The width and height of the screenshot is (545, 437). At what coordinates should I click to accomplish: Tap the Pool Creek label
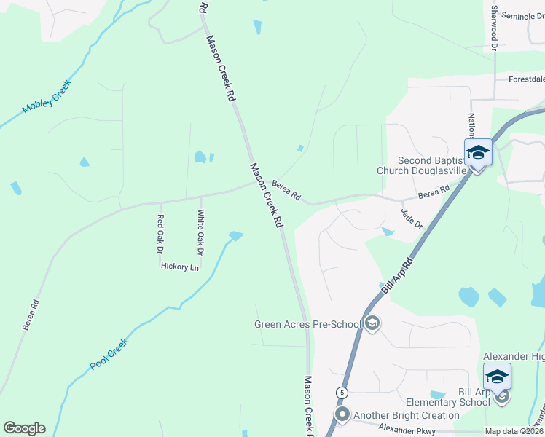point(109,355)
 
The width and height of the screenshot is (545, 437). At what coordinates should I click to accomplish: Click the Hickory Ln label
point(179,267)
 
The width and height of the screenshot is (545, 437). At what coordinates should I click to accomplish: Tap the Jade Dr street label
point(412,218)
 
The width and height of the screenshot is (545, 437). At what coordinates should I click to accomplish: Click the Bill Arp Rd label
point(398,276)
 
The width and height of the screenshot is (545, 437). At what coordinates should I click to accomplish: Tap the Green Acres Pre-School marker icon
point(372,323)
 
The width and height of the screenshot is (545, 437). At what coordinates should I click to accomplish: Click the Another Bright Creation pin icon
point(342,415)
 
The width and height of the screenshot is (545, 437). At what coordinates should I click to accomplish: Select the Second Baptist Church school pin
point(478,154)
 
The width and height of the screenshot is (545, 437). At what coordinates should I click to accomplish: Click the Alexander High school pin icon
point(497,377)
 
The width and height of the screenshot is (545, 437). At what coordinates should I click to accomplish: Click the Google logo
point(24,428)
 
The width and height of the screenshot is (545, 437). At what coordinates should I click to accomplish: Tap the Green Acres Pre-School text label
point(308,324)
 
